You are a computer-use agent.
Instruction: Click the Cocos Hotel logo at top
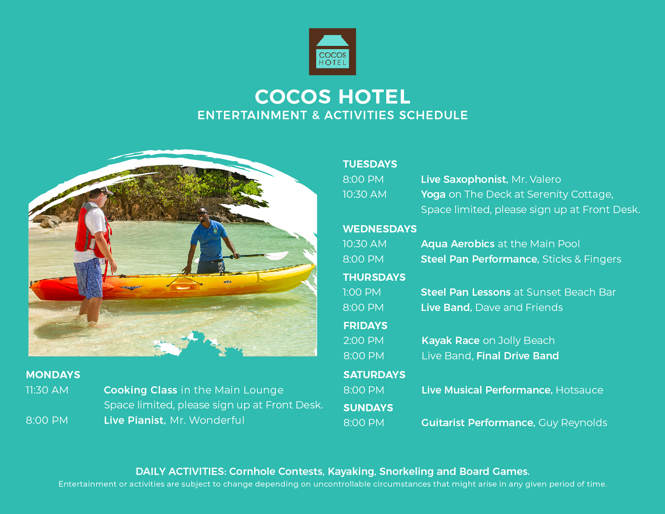(x=332, y=52)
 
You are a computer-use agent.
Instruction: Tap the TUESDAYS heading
(x=370, y=164)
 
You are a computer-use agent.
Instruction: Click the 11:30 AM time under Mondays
(x=47, y=390)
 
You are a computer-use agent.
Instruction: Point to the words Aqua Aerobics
(x=458, y=244)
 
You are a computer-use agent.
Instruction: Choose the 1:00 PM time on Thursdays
(x=362, y=292)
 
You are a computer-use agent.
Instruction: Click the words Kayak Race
(x=450, y=340)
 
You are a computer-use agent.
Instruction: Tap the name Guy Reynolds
(x=573, y=423)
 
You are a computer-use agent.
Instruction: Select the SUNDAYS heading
(x=368, y=408)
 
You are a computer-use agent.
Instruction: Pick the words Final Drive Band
(x=518, y=356)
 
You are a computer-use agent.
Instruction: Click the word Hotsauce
(x=579, y=390)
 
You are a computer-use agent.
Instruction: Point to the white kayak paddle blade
(x=276, y=255)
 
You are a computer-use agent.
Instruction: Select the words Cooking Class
(x=141, y=390)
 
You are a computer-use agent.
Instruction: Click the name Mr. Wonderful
(x=207, y=421)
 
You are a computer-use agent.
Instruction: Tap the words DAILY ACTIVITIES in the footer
(x=181, y=471)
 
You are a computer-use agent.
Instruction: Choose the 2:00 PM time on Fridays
(x=363, y=340)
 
